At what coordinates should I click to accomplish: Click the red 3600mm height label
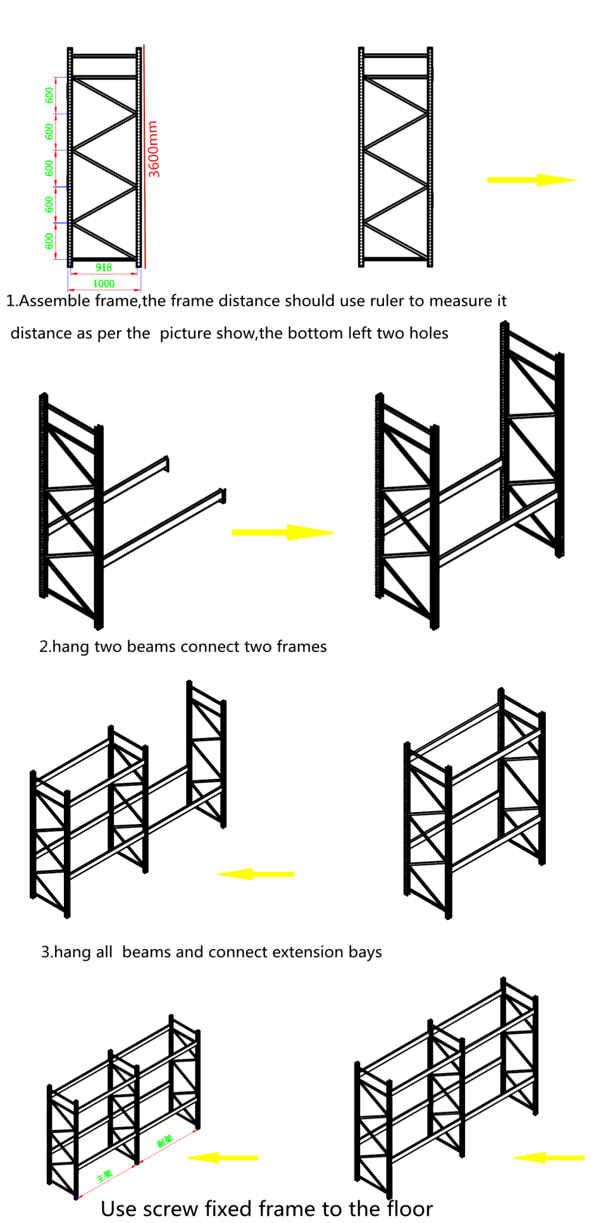153,149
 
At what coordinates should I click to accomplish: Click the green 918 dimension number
104,268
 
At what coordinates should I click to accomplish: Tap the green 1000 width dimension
104,284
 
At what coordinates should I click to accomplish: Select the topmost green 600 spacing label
49,95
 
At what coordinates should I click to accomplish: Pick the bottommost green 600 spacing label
49,241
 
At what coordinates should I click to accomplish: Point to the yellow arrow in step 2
282,532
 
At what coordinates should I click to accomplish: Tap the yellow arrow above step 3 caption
257,874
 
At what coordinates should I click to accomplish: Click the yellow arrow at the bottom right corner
548,1158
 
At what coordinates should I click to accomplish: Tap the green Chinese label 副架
165,1141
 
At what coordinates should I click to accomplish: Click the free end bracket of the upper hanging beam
166,463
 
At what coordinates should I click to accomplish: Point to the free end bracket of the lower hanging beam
223,496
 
